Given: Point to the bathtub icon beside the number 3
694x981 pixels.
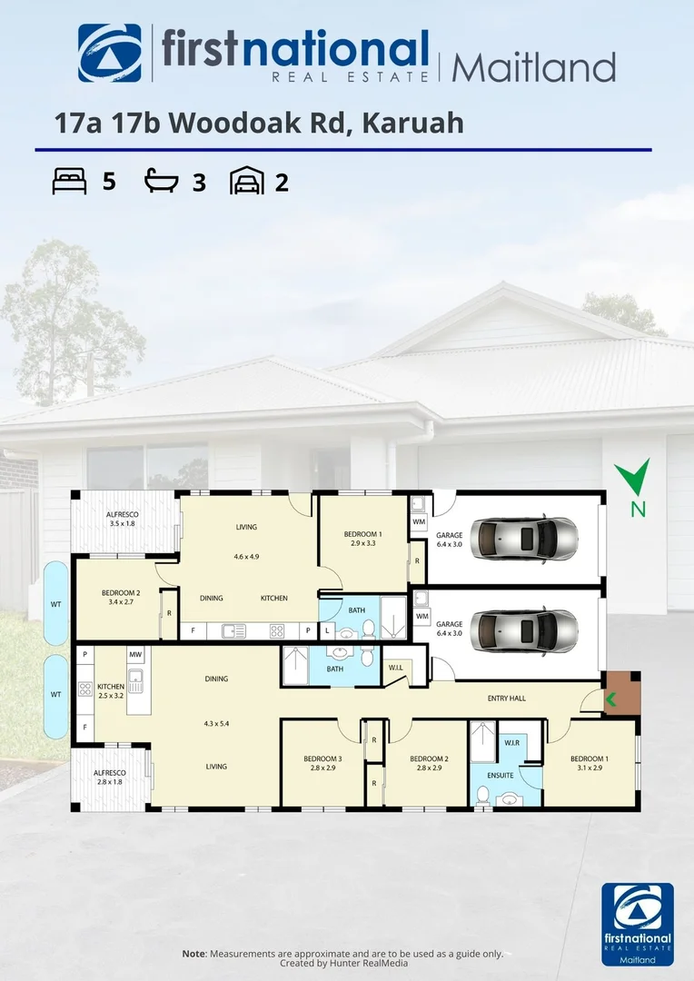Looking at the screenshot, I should tap(164, 182).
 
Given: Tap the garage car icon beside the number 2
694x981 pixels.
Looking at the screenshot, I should tap(248, 182).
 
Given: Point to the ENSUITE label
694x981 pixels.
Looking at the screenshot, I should tap(501, 775).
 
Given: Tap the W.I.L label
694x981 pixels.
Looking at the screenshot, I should tap(397, 669).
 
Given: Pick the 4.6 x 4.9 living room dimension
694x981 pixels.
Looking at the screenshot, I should tap(247, 557).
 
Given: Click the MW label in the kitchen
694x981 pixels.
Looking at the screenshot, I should tap(134, 654).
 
